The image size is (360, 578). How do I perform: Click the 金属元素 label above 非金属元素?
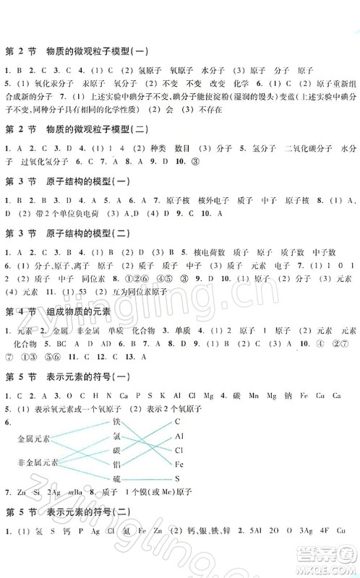click(34, 439)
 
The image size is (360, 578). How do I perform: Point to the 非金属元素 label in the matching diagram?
click(37, 462)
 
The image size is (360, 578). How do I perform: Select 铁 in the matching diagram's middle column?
click(116, 421)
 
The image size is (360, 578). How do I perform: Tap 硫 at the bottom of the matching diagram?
click(116, 479)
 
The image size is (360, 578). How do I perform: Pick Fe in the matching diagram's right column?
click(179, 465)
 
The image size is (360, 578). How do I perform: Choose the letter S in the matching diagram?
click(176, 479)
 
